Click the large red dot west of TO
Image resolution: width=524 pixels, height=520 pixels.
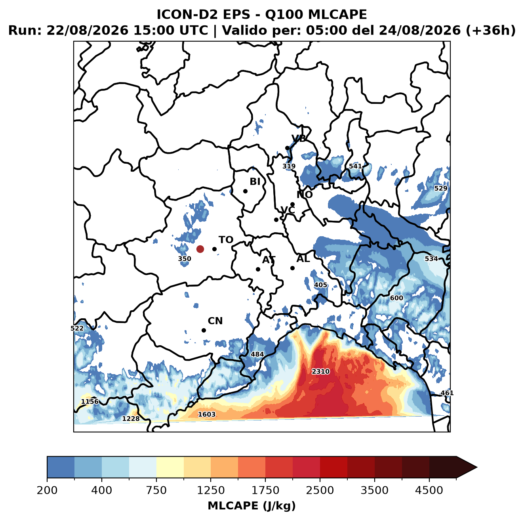pyautogui.click(x=200, y=249)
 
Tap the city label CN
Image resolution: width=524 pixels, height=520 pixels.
pyautogui.click(x=215, y=321)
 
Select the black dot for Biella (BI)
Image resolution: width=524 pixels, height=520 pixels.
pyautogui.click(x=245, y=191)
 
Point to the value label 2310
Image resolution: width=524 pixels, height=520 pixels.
pyautogui.click(x=320, y=371)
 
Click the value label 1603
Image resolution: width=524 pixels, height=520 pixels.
pyautogui.click(x=207, y=415)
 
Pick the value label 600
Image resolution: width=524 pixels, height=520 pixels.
pyautogui.click(x=396, y=298)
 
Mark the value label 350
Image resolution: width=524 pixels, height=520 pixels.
pyautogui.click(x=185, y=259)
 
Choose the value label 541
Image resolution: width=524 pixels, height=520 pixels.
pyautogui.click(x=355, y=166)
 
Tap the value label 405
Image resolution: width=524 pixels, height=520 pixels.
pyautogui.click(x=320, y=285)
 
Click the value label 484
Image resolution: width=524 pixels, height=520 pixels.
pyautogui.click(x=257, y=354)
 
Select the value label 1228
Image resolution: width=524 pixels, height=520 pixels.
pyautogui.click(x=131, y=419)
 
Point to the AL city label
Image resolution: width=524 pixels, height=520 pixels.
pyautogui.click(x=303, y=258)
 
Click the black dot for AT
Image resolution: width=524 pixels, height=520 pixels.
pyautogui.click(x=258, y=270)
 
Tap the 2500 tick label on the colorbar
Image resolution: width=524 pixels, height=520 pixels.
pyautogui.click(x=320, y=490)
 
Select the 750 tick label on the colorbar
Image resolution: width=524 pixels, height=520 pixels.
pyautogui.click(x=156, y=490)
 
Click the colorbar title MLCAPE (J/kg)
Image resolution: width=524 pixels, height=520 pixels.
pyautogui.click(x=252, y=506)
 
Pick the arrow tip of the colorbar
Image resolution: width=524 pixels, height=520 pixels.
pyautogui.click(x=477, y=468)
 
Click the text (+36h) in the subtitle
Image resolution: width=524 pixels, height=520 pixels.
pyautogui.click(x=490, y=31)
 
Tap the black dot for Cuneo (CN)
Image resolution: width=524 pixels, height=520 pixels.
pyautogui.click(x=204, y=330)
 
